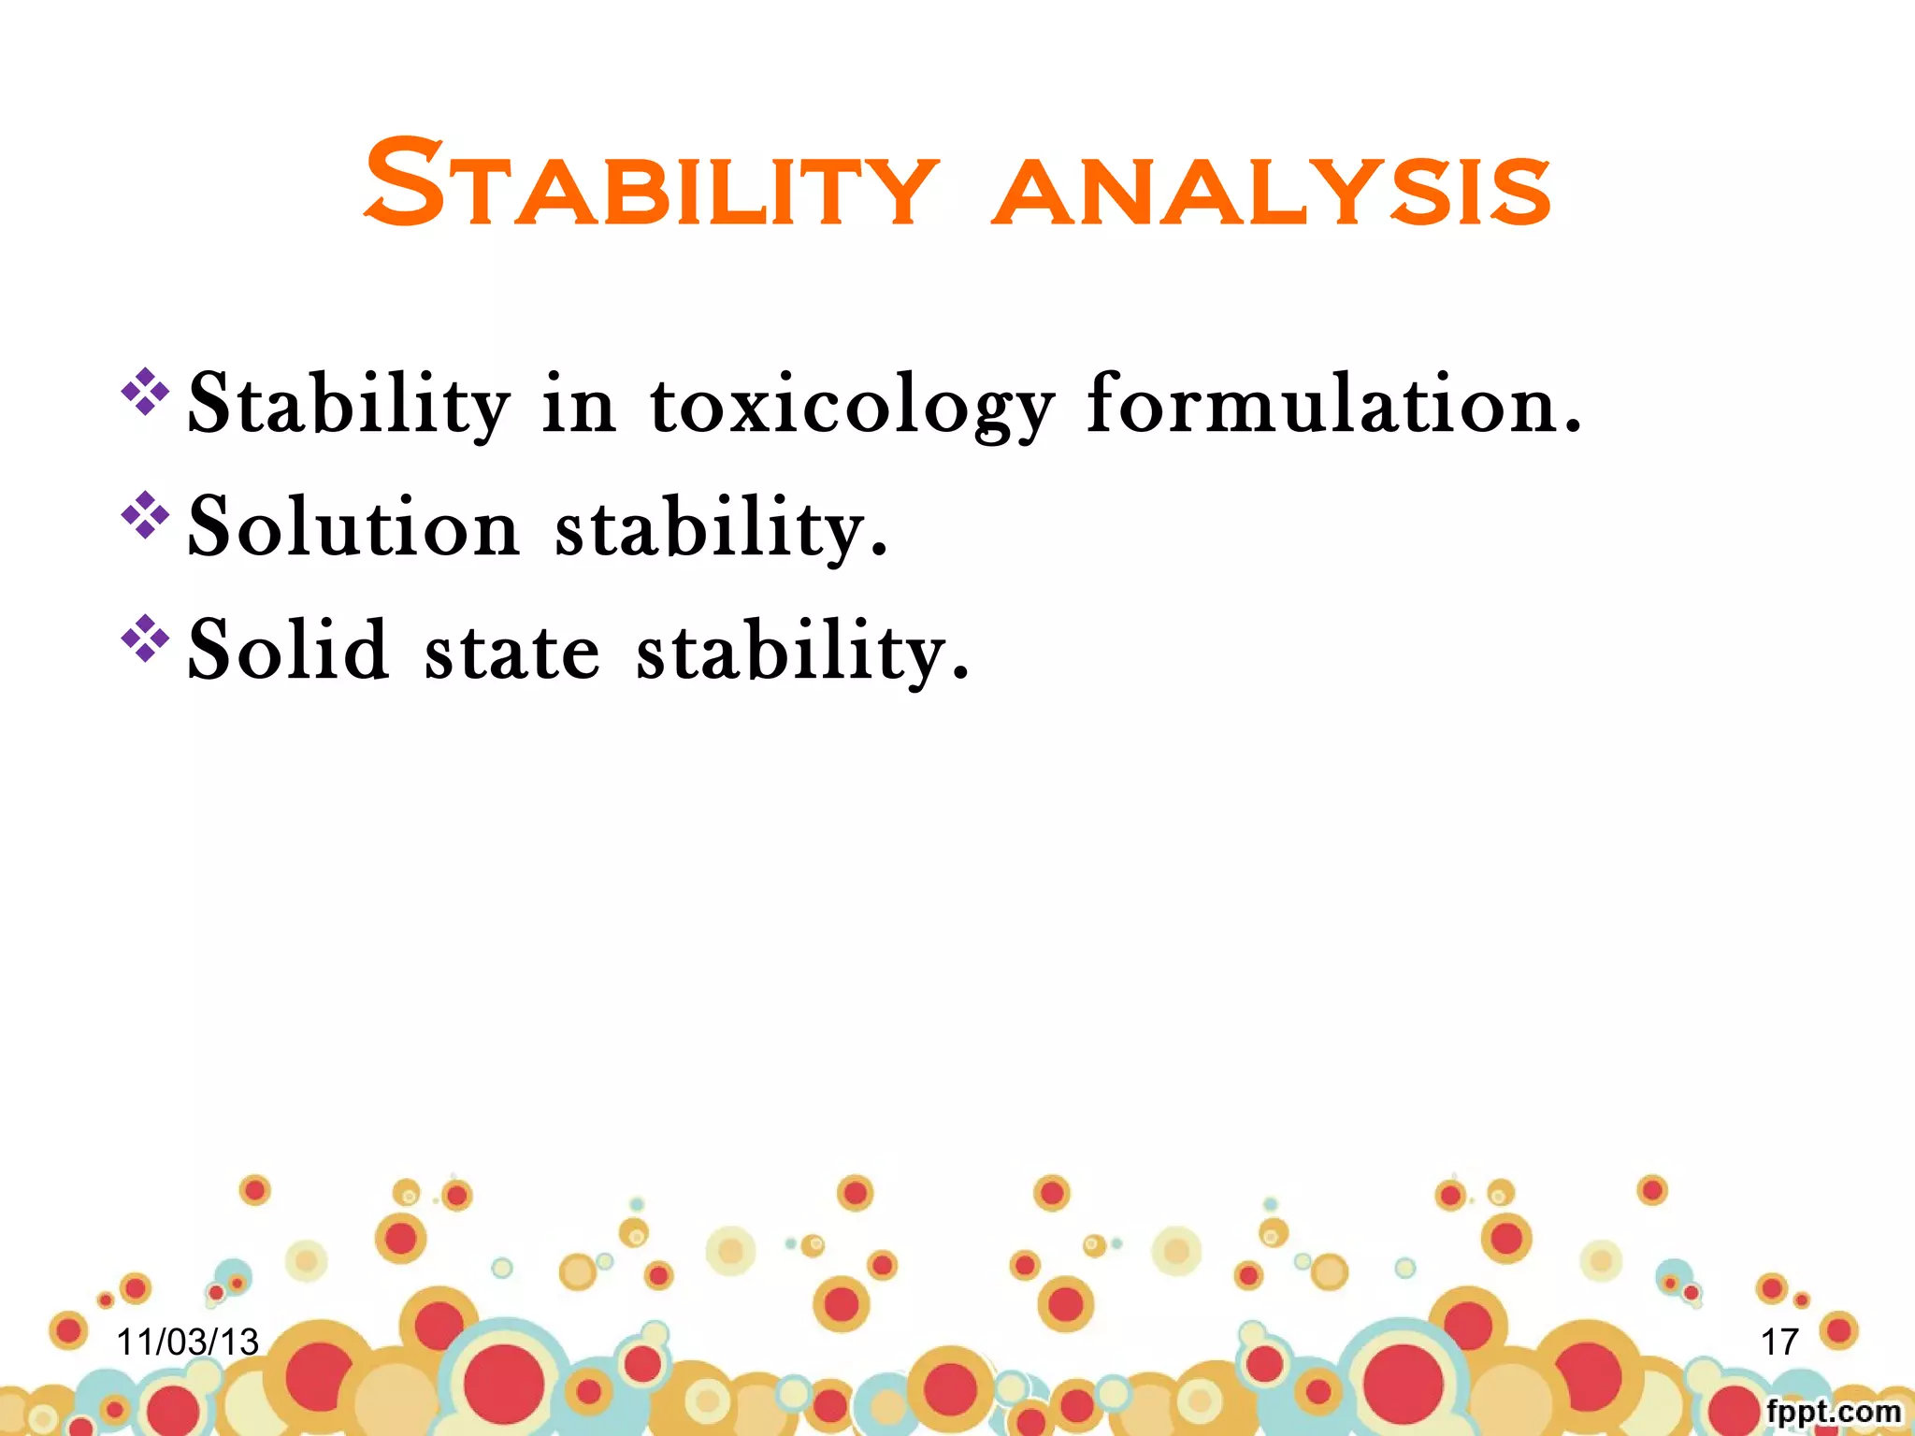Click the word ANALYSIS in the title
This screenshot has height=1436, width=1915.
[x=1272, y=192]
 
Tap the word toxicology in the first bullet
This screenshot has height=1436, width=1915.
[x=851, y=404]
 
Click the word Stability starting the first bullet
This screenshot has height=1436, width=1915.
[x=348, y=404]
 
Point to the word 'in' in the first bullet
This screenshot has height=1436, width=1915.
[x=579, y=404]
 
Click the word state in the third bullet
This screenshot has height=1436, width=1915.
[x=511, y=651]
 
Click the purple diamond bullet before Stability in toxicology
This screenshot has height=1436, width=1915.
[x=145, y=391]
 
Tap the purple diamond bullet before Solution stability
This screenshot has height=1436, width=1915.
[x=145, y=514]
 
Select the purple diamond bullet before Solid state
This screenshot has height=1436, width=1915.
[x=145, y=638]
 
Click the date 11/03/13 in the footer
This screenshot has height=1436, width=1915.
[x=187, y=1342]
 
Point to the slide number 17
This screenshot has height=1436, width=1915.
[x=1779, y=1342]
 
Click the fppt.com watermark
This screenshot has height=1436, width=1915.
[x=1833, y=1411]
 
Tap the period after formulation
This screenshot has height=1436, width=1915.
[x=1573, y=428]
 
